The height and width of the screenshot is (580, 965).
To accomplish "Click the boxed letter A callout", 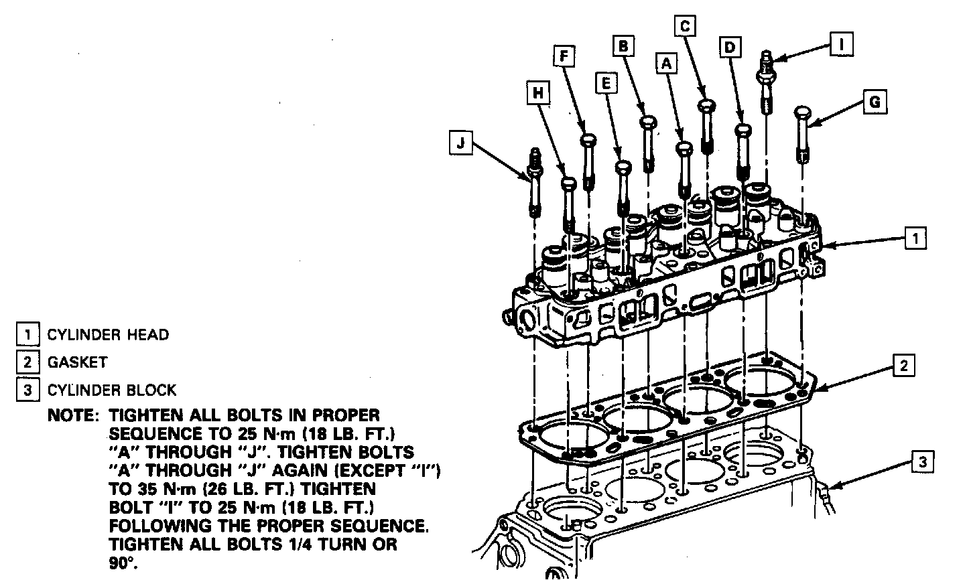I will [x=666, y=63].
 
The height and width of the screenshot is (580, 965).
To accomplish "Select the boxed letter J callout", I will [x=460, y=143].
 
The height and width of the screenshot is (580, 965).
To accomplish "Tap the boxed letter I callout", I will [x=841, y=44].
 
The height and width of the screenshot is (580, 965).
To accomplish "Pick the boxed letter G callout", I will [x=874, y=102].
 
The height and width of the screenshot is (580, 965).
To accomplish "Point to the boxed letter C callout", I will [x=684, y=26].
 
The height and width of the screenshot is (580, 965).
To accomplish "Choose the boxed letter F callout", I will [x=564, y=56].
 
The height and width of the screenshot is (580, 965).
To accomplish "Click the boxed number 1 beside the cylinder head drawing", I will [x=915, y=238].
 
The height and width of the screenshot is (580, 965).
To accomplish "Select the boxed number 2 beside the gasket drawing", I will [x=904, y=365].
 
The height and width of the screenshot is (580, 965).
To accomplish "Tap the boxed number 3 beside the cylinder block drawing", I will [x=922, y=461].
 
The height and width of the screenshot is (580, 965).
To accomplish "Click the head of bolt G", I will [x=803, y=112].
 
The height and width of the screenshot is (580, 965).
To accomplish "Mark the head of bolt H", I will [x=568, y=184].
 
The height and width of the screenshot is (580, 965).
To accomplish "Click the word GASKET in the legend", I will [x=77, y=362].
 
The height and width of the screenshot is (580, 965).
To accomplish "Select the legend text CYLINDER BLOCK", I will [x=112, y=390].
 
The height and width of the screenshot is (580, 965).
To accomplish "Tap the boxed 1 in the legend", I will [x=28, y=334].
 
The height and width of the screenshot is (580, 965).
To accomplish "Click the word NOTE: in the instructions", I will [x=73, y=416].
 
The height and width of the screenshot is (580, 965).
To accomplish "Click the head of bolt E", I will [x=623, y=165].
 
